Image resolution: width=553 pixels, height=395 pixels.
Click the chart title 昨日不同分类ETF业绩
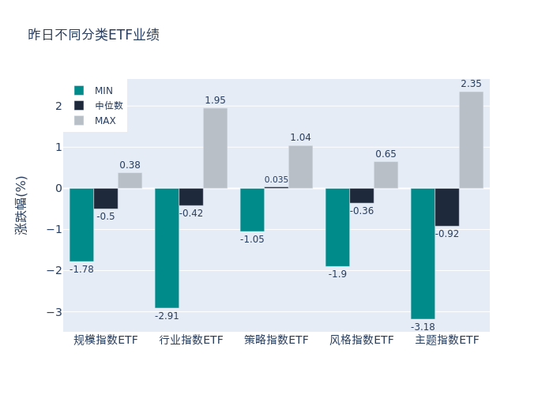pos(93,35)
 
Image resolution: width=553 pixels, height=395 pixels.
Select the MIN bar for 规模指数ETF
pos(81,224)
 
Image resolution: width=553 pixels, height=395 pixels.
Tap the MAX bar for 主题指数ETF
pos(471,140)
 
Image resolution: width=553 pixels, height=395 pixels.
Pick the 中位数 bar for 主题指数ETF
pos(446,207)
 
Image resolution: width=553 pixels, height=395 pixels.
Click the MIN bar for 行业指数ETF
pos(167,247)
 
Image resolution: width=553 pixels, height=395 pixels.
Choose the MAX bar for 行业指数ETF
pos(215,148)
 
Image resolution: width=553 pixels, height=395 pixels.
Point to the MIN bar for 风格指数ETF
pos(337,227)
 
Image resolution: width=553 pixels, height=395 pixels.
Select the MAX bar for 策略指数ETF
pos(300,167)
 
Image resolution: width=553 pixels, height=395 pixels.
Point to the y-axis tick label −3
pos(55,311)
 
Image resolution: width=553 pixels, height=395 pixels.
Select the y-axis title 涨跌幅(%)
pos(21,204)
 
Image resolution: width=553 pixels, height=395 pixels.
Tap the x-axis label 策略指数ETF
pos(276,340)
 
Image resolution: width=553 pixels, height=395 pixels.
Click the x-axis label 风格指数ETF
pos(362,340)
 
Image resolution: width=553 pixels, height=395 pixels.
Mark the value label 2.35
pos(471,84)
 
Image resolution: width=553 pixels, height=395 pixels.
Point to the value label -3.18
pos(423,326)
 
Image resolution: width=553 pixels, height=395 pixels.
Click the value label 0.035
pos(276,179)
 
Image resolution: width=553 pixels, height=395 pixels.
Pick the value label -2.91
pos(167,316)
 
